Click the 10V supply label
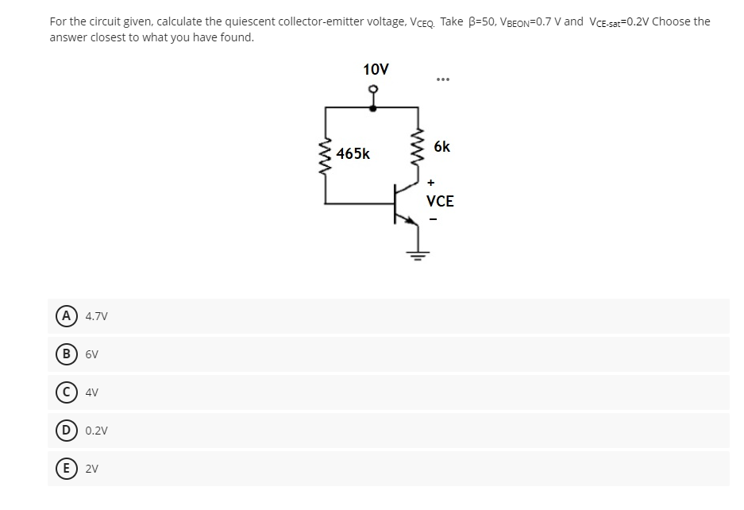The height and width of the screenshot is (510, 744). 376,70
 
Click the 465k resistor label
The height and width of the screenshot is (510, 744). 353,153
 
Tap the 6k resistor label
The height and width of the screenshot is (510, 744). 442,147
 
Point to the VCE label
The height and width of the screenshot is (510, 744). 440,202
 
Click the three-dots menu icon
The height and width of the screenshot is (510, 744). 443,79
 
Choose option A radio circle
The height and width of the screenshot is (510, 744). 61,316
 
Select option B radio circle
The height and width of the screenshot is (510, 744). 61,354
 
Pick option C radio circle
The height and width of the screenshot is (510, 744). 61,392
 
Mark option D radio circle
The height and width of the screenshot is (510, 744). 61,431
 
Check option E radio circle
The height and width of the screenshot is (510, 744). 61,469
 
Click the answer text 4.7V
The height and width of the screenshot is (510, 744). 96,316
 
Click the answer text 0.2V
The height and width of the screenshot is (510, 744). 96,431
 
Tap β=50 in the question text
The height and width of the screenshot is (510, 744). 487,21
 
